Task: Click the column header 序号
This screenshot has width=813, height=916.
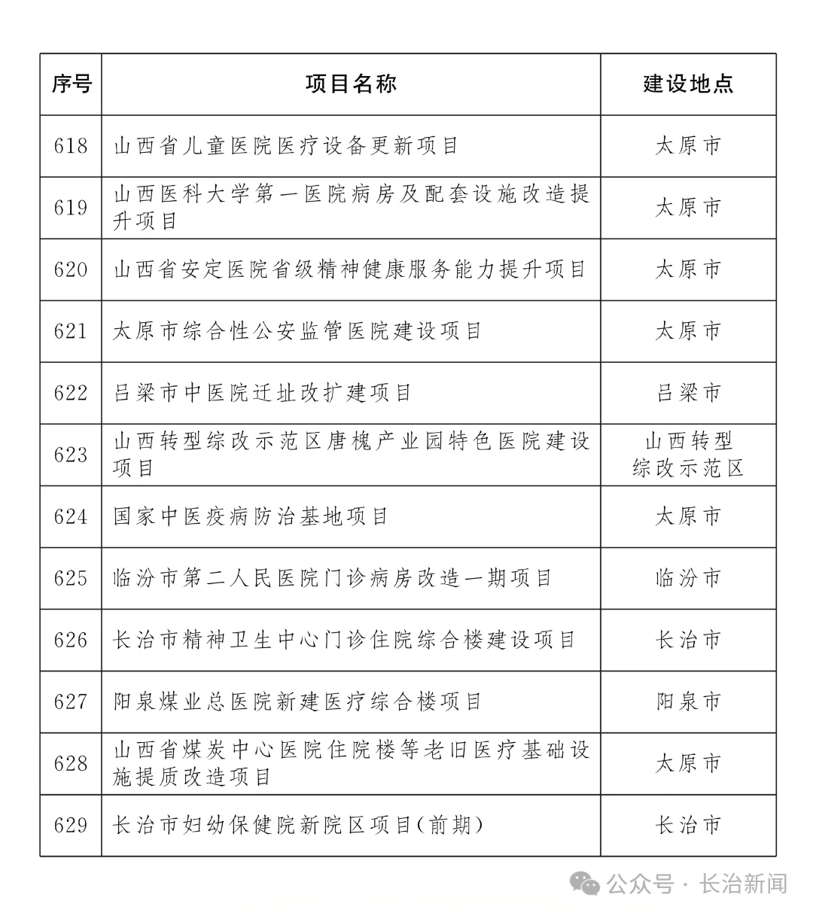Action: [x=71, y=84]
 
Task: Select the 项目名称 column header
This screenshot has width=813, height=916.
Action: [x=351, y=84]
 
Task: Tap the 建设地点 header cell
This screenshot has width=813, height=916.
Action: [x=688, y=84]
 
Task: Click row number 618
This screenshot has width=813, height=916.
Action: [x=71, y=146]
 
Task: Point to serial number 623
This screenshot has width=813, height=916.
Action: [x=71, y=455]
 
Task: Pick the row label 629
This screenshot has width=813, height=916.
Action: [x=71, y=826]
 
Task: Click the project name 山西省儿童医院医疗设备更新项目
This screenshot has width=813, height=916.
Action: [x=286, y=146]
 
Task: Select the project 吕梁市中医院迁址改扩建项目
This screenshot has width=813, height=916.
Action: [x=262, y=393]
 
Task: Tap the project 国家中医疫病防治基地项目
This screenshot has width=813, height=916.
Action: [x=251, y=516]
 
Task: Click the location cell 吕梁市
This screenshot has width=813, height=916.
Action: [x=688, y=393]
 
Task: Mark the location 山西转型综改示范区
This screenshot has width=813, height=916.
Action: [x=688, y=455]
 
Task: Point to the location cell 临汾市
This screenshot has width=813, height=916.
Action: [x=688, y=578]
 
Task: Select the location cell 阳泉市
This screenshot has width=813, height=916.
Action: [x=688, y=702]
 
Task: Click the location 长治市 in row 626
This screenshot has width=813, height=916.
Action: [x=688, y=641]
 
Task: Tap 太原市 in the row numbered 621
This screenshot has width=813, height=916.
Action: [x=688, y=331]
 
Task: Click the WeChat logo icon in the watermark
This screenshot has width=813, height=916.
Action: [x=585, y=883]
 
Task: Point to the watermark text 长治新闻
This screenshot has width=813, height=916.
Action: [x=743, y=884]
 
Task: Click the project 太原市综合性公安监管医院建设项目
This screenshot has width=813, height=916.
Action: [x=297, y=331]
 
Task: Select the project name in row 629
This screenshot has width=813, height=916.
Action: [x=297, y=826]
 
